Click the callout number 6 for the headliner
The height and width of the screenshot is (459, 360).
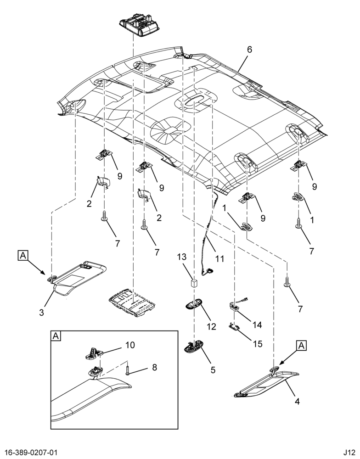coord(249,50)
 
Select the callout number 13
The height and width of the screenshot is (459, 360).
coord(182,257)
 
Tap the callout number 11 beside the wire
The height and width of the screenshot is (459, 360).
coord(219,258)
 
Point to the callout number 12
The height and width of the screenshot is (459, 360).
coord(211,326)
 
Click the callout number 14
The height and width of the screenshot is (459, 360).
coord(257,325)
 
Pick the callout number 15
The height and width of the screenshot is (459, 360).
coord(258,344)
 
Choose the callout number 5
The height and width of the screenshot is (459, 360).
coord(213,369)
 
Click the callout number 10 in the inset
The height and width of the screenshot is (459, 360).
coord(130,345)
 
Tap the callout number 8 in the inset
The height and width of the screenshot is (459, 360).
coord(154,367)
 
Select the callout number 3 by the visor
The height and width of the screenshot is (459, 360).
coord(42,312)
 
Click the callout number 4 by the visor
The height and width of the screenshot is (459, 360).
coord(297,402)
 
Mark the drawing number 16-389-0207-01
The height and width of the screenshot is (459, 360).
coord(28,453)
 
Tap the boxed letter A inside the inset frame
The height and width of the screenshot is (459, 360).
coord(56,336)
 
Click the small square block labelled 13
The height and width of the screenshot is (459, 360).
coord(193,283)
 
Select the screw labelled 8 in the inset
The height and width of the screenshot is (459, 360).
coord(128,368)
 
